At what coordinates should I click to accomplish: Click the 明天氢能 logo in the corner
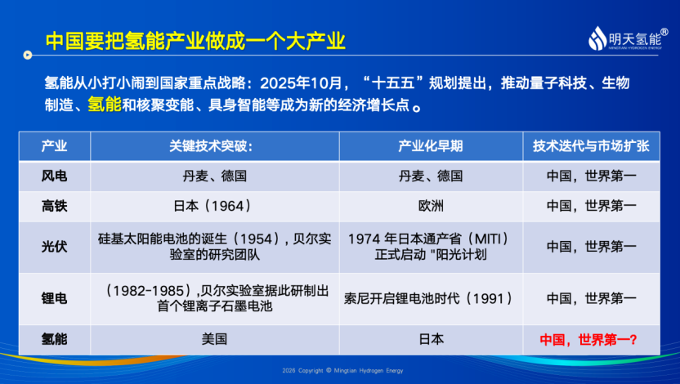click(x=628, y=38)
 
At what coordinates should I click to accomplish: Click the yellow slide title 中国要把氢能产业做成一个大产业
click(x=195, y=41)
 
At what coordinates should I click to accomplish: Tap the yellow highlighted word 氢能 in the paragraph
click(x=105, y=105)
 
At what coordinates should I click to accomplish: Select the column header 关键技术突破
click(x=211, y=146)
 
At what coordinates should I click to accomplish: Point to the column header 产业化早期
click(x=431, y=146)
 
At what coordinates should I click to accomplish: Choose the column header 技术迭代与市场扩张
click(x=591, y=146)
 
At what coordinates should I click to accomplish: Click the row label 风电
click(x=54, y=176)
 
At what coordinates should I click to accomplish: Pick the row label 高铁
click(x=54, y=206)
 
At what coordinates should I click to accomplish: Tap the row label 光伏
click(x=54, y=247)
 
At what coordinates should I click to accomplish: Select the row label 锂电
click(x=54, y=298)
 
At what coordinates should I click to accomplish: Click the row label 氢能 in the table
click(x=54, y=339)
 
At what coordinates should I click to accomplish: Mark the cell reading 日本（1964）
click(x=214, y=206)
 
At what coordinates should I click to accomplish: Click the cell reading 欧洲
click(x=431, y=206)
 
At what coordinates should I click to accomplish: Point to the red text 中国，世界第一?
click(x=588, y=339)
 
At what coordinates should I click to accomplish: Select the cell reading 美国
click(x=214, y=339)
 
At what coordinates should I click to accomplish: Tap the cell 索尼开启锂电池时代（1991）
click(x=431, y=298)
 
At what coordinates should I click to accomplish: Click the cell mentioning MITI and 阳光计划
click(x=431, y=247)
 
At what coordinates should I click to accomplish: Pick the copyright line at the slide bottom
click(x=342, y=371)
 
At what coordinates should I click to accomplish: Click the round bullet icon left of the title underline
click(x=28, y=55)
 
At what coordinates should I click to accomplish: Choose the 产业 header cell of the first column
click(x=54, y=146)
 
